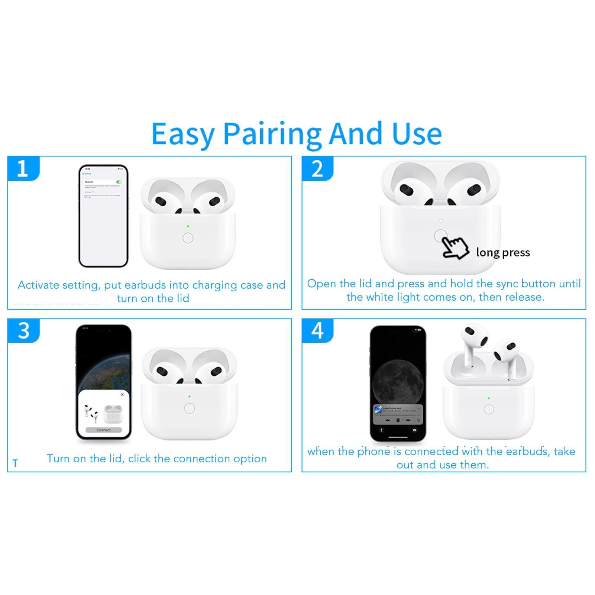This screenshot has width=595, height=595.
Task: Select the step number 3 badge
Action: pyautogui.click(x=23, y=330)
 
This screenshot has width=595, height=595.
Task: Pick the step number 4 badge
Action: pyautogui.click(x=317, y=330)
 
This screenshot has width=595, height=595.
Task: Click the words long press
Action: pyautogui.click(x=503, y=253)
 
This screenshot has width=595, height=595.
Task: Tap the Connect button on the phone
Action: pyautogui.click(x=103, y=430)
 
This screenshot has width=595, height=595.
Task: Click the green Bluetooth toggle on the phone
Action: pyautogui.click(x=119, y=182)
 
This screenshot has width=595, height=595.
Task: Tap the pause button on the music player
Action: pyautogui.click(x=398, y=420)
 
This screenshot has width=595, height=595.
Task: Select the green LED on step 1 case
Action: pyautogui.click(x=188, y=226)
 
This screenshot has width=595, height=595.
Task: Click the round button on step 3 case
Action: pyautogui.click(x=190, y=408)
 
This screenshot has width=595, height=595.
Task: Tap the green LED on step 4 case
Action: pyautogui.click(x=489, y=398)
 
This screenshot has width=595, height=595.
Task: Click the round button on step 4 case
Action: pyautogui.click(x=489, y=410)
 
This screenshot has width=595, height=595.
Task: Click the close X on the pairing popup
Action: pyautogui.click(x=122, y=395)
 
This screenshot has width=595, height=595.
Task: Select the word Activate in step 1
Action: pyautogui.click(x=39, y=285)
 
